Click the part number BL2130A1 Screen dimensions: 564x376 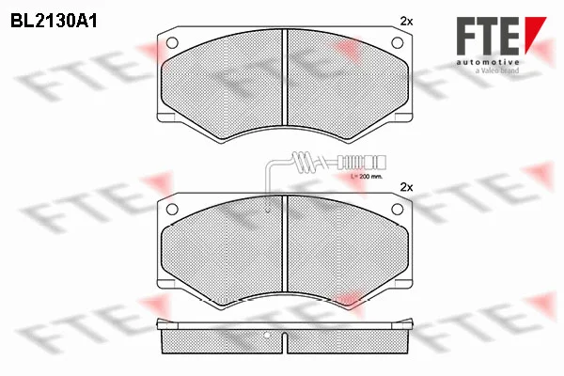point(54,22)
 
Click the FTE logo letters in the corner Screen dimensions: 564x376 point(489,36)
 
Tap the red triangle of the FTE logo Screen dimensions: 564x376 point(535,34)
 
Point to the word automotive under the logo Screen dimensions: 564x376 point(488,62)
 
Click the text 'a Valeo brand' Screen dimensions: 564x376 point(497,70)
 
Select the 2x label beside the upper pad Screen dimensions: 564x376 point(406,22)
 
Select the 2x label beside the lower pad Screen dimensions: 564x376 point(406,187)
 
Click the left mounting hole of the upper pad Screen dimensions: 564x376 point(172,43)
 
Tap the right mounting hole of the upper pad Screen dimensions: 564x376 point(397,43)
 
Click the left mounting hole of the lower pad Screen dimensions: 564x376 point(172,209)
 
